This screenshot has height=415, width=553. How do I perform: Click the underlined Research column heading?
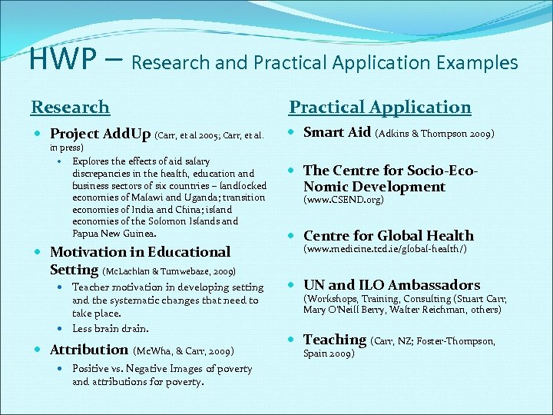(70, 107)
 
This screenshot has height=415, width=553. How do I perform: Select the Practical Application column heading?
(379, 107)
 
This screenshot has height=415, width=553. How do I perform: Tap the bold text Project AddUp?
(100, 134)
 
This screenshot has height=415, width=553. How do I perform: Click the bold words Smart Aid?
(337, 131)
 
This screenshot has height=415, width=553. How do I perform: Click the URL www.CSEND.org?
(343, 200)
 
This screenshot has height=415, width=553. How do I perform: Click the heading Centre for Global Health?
(389, 235)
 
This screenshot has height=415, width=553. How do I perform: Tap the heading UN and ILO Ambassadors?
(392, 284)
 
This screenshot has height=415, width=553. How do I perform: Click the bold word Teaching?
(335, 339)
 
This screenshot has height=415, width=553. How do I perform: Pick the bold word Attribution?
(88, 350)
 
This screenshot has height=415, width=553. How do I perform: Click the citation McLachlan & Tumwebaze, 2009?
(168, 271)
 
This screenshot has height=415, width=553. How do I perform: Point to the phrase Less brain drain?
(110, 329)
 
